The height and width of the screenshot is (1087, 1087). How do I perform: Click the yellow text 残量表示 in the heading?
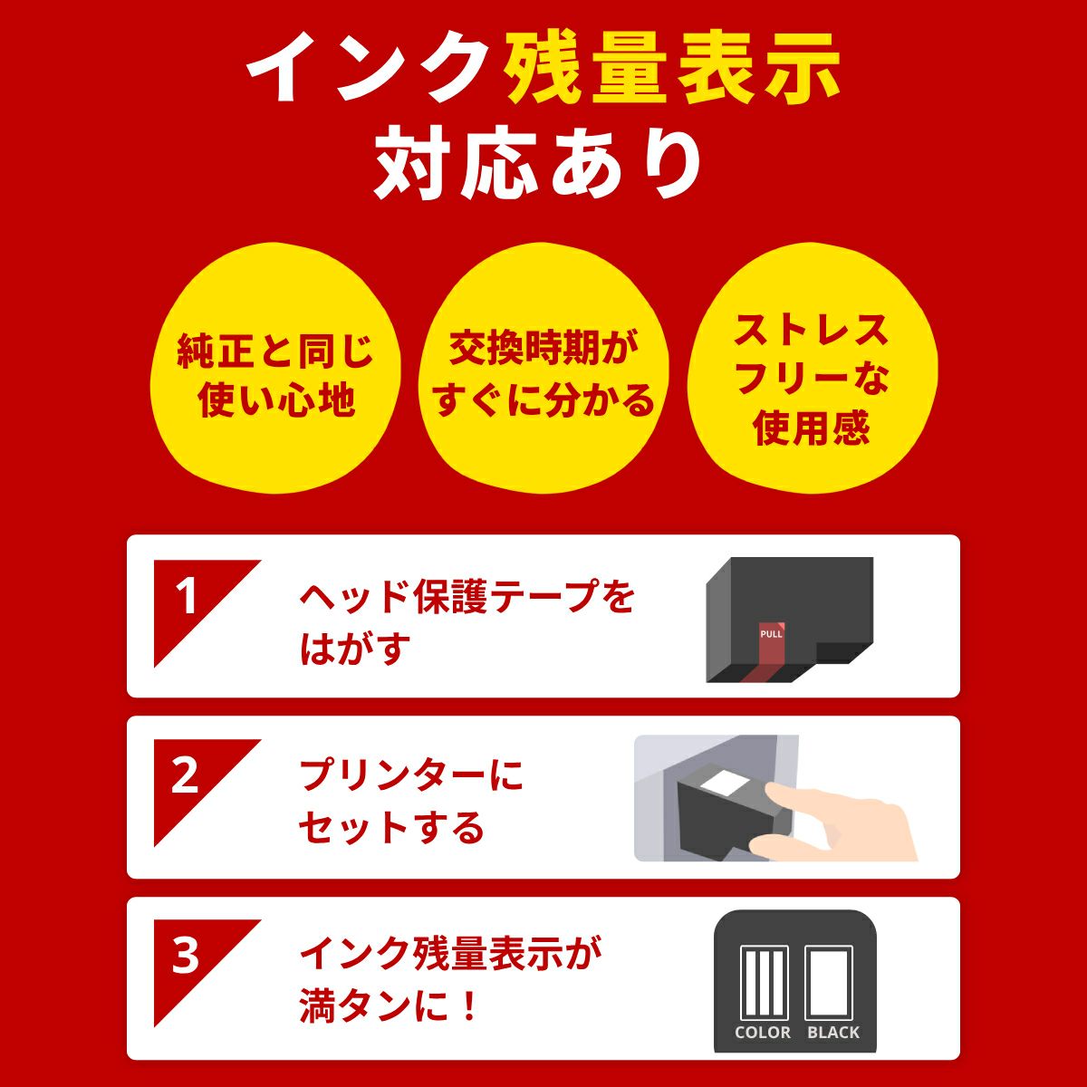(673, 70)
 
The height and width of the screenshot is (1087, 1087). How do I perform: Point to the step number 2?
(186, 776)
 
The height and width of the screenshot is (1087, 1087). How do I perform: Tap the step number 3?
(186, 956)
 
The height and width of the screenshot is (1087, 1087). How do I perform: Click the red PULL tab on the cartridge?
(771, 644)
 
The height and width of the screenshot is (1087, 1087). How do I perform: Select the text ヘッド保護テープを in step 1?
(467, 597)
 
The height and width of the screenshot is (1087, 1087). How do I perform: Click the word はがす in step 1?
(355, 649)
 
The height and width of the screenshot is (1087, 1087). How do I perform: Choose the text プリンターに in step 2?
(412, 776)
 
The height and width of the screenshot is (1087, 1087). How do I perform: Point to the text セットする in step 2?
(391, 828)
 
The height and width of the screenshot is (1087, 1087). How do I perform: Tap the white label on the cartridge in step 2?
(725, 785)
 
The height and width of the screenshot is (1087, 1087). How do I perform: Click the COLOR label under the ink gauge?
(763, 1032)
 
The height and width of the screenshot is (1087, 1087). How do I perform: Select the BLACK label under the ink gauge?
(833, 1032)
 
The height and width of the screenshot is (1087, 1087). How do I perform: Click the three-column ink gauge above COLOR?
(764, 982)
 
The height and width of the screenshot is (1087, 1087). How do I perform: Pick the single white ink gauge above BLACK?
(831, 982)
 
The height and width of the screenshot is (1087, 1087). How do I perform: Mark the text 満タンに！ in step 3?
(389, 1007)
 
